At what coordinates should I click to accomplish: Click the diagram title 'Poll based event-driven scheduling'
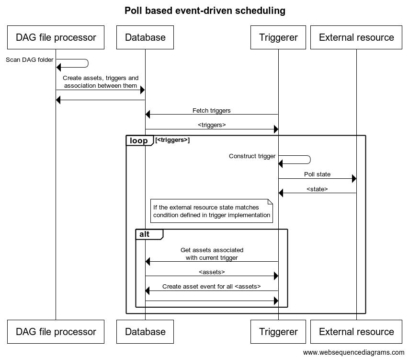(x=205, y=11)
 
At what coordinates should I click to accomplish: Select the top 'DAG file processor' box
(x=56, y=37)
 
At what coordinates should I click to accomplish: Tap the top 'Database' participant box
(x=145, y=37)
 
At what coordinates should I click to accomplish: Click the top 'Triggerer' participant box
(x=278, y=37)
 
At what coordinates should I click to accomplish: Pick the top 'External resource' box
(x=356, y=37)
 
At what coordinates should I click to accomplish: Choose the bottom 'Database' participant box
(x=145, y=332)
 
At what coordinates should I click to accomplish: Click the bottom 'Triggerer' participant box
(x=278, y=332)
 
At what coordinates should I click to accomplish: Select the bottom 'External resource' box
(x=356, y=332)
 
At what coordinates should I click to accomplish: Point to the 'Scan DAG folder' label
(x=30, y=60)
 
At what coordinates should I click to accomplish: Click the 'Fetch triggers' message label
(x=212, y=110)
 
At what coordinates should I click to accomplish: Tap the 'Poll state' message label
(x=317, y=174)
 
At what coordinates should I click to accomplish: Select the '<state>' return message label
(x=317, y=189)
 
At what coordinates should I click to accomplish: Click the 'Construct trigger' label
(x=252, y=156)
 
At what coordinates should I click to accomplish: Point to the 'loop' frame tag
(x=139, y=140)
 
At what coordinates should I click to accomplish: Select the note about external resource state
(x=212, y=211)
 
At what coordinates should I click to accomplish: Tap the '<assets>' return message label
(x=212, y=272)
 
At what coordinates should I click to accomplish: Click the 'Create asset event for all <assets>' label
(x=212, y=286)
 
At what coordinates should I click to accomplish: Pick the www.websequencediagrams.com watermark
(x=353, y=352)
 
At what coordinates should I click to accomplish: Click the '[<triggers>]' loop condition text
(x=172, y=140)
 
